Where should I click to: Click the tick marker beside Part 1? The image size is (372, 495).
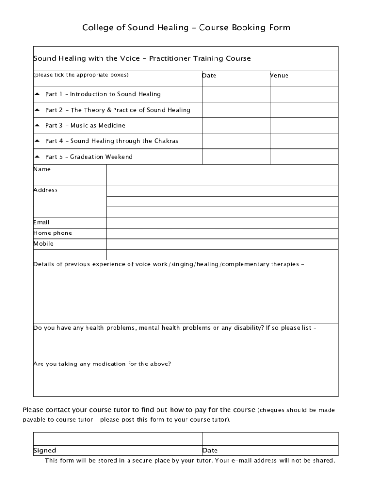pos(37,94)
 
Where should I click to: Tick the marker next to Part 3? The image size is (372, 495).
pos(37,125)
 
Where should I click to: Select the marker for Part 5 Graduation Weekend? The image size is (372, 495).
pos(37,156)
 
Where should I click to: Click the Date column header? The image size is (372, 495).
pos(209,76)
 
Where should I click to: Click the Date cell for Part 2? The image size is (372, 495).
pos(236,110)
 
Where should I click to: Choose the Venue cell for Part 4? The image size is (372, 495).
pos(303,141)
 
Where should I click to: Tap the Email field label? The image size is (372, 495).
pos(42,222)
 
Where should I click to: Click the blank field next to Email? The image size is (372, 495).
pos(222,223)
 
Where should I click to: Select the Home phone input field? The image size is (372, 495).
pos(222,233)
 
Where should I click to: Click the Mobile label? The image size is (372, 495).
pos(43,244)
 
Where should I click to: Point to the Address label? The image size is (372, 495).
pos(45,190)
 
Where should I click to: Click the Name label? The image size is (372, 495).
pos(42,169)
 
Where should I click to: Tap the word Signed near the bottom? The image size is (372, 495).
pos(44,451)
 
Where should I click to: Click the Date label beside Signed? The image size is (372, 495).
pos(210,451)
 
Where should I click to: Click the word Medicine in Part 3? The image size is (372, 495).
pos(112,126)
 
